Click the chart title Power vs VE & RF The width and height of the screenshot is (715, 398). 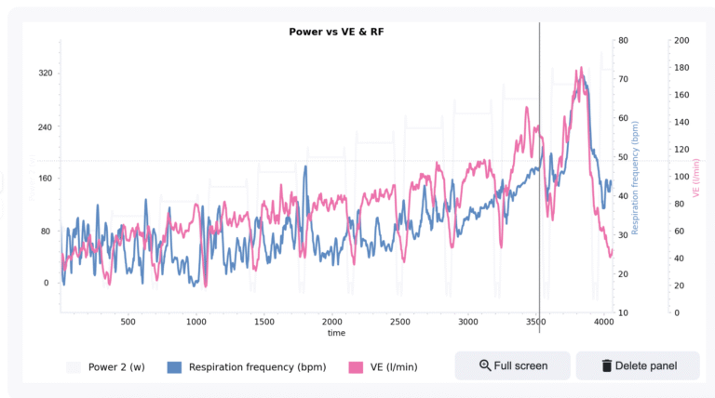point(336,32)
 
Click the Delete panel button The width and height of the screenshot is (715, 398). point(638,365)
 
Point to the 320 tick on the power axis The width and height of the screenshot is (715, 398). point(44,73)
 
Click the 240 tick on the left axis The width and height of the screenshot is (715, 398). point(44,126)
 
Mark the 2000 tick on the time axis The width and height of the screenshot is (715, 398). point(332,322)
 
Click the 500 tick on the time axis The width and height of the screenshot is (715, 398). point(128,322)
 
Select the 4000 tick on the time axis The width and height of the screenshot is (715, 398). point(604,322)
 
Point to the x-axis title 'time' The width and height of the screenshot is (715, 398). point(336,333)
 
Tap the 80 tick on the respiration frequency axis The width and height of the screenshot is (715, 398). point(623,41)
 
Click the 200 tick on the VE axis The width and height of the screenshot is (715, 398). point(681,41)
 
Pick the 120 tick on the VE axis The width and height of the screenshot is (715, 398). point(681,150)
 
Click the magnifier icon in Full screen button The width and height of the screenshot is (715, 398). point(485,365)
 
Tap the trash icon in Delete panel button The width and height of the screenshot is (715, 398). point(607,365)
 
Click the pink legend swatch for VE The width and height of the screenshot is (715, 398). point(355,366)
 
